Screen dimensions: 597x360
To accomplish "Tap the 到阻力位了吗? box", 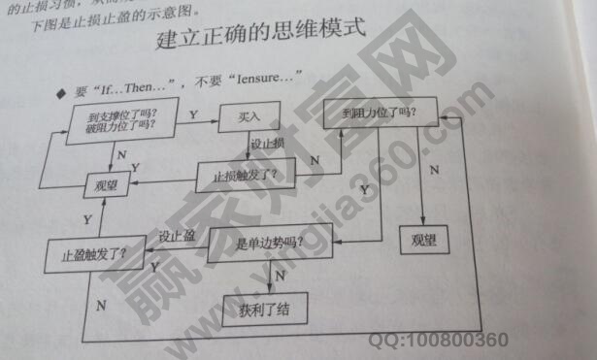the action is tap(387, 113).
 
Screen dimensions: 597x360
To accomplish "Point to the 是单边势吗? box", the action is tap(272, 242).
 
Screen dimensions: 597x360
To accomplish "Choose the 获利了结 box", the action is tap(264, 309).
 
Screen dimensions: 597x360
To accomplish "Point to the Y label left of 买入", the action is tap(194, 115).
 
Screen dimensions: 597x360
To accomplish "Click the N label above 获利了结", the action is tap(280, 276).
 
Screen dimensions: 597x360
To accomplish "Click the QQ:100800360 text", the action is tap(438, 342).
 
